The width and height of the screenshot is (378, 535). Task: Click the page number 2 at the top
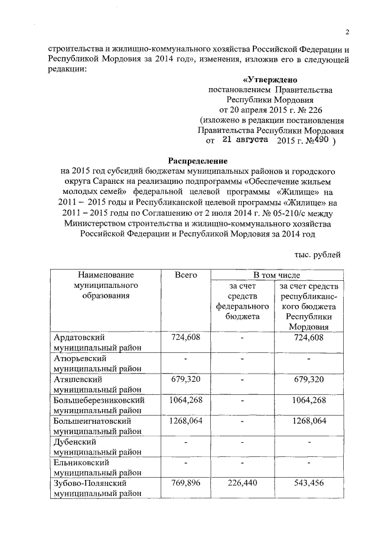click(347, 32)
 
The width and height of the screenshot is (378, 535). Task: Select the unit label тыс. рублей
click(317, 255)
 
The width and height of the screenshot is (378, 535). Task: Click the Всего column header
click(185, 275)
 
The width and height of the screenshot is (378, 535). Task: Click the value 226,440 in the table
click(242, 484)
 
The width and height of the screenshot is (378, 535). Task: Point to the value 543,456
click(308, 484)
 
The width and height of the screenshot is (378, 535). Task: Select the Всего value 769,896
click(185, 484)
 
